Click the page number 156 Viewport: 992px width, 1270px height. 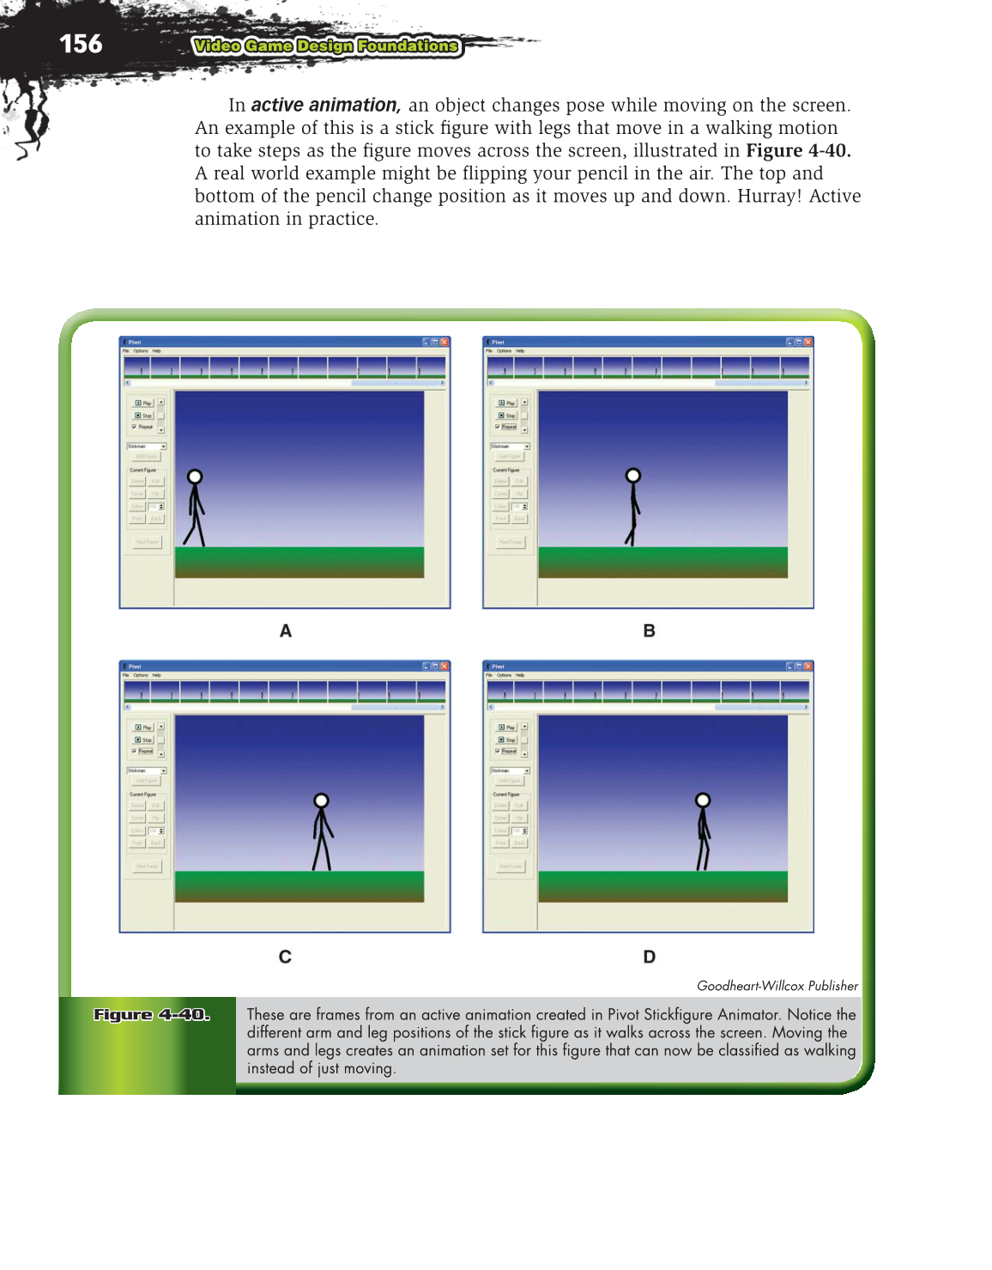click(x=81, y=44)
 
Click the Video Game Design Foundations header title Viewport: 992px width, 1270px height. click(x=326, y=46)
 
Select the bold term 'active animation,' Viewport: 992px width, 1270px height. click(x=325, y=105)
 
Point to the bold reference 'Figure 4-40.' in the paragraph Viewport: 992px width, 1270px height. click(x=798, y=151)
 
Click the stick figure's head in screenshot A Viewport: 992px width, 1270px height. click(x=195, y=477)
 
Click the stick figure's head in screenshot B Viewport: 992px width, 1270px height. click(x=633, y=476)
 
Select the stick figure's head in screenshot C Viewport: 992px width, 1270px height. click(x=321, y=800)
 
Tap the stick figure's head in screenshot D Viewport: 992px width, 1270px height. click(x=703, y=800)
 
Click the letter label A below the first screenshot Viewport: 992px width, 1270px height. click(x=286, y=631)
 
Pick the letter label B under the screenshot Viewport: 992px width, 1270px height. click(x=649, y=631)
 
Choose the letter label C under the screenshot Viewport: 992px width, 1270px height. click(x=285, y=957)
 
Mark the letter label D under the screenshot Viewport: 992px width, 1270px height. click(x=649, y=957)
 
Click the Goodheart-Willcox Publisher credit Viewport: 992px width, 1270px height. click(x=777, y=986)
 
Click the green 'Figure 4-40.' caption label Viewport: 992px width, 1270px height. click(x=151, y=1015)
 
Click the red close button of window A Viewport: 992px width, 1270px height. click(x=445, y=342)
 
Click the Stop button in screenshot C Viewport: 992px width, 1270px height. click(x=143, y=740)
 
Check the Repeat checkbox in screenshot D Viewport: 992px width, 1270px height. click(x=498, y=751)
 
